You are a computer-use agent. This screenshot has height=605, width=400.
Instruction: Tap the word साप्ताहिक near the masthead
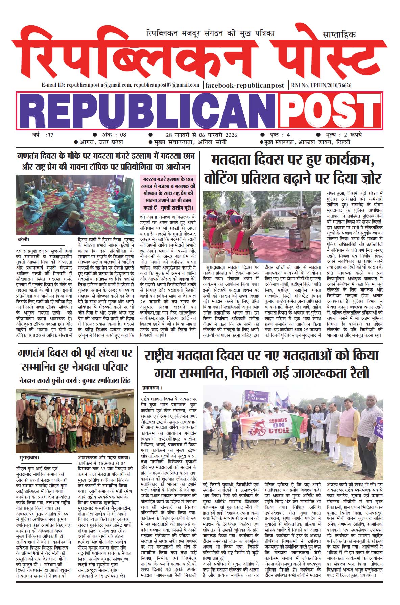(x=339, y=34)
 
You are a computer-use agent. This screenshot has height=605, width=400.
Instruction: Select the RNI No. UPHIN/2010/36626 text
(x=321, y=85)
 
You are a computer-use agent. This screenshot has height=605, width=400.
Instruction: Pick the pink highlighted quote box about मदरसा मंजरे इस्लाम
(x=168, y=194)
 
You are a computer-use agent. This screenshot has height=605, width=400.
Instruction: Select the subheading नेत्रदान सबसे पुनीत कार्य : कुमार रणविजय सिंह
(x=75, y=381)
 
